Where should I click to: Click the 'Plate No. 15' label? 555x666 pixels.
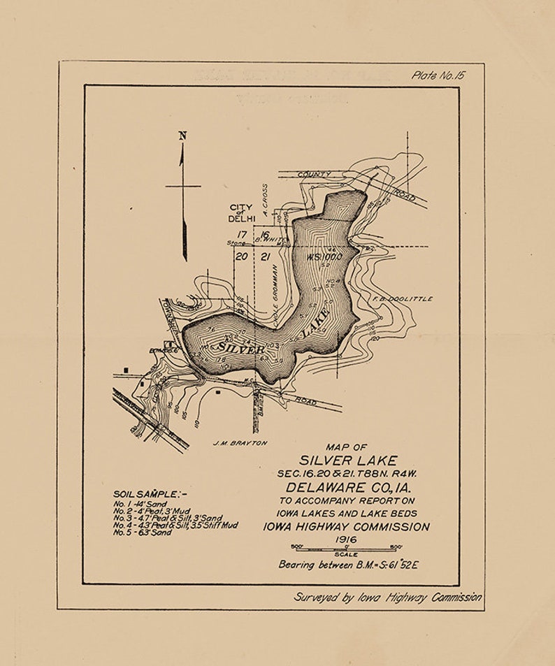click(438, 75)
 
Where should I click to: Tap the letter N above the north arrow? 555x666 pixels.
click(182, 136)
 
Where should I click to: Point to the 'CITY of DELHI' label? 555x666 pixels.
click(241, 213)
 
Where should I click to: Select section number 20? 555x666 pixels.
click(241, 256)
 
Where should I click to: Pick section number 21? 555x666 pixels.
click(265, 256)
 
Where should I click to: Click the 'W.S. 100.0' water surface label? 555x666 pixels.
click(324, 256)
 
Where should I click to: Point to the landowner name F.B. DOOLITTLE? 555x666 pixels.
click(398, 298)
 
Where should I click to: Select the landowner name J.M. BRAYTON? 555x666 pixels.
click(240, 442)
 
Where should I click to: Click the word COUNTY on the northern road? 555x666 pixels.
click(314, 173)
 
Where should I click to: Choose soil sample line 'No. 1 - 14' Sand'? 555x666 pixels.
click(140, 504)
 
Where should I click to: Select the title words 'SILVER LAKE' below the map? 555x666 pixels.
click(348, 460)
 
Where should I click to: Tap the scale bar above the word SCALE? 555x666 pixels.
click(346, 549)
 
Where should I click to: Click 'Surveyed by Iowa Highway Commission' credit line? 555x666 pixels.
click(387, 598)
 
